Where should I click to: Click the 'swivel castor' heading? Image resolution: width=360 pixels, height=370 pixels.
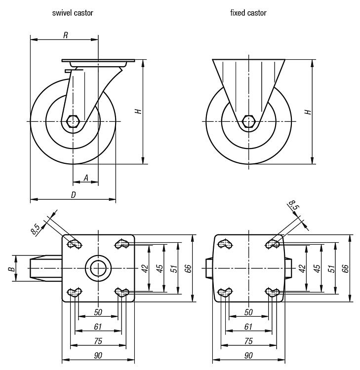click(x=73, y=13)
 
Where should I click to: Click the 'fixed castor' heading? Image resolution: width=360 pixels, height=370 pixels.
click(x=248, y=13)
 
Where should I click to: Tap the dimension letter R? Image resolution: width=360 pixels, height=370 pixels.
click(x=65, y=35)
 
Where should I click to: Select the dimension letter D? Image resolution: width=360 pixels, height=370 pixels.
click(x=73, y=195)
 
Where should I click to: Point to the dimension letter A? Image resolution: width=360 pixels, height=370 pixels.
click(x=85, y=178)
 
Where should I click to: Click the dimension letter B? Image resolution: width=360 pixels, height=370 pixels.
click(x=10, y=268)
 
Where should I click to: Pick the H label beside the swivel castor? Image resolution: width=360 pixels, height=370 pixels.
click(x=139, y=111)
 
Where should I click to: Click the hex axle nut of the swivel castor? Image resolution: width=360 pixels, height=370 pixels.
click(x=73, y=121)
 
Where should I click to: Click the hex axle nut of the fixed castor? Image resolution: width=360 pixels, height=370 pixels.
click(x=249, y=121)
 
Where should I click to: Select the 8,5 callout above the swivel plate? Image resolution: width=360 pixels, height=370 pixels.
click(x=35, y=229)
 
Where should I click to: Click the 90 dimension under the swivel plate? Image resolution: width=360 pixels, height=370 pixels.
click(x=98, y=356)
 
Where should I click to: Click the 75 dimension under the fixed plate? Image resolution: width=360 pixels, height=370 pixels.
click(x=248, y=341)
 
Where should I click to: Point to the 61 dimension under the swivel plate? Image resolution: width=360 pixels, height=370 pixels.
click(x=98, y=326)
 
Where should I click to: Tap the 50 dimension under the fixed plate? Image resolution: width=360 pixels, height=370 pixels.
click(x=248, y=312)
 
